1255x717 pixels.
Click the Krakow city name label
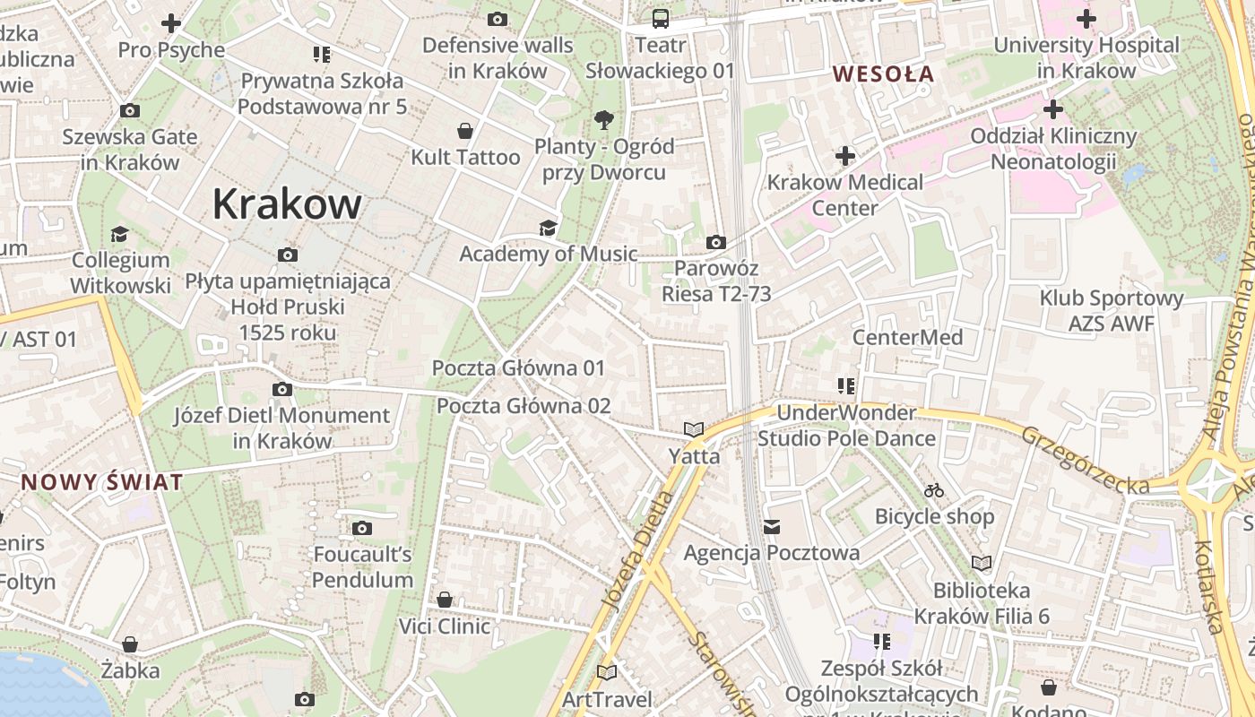tap(287, 204)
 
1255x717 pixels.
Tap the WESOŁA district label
tap(884, 74)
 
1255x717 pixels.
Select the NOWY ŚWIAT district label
tap(102, 482)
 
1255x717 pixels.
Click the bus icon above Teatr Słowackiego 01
tap(661, 18)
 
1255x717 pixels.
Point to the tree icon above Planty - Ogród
tap(604, 119)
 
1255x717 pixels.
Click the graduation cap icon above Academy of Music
tap(548, 228)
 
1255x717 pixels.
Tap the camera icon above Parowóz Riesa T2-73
tap(715, 242)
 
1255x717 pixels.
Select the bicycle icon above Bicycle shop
tap(934, 490)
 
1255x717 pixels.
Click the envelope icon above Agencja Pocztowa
tap(772, 527)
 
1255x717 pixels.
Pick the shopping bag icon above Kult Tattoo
tap(464, 131)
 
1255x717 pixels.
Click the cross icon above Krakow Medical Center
tap(844, 156)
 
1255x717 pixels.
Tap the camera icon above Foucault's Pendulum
tap(362, 528)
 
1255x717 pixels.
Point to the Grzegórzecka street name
tap(1085, 460)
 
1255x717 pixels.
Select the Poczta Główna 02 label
tap(524, 406)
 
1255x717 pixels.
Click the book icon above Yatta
tap(694, 430)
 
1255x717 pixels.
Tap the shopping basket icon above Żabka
tap(130, 644)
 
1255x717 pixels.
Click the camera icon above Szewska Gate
tap(130, 111)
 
